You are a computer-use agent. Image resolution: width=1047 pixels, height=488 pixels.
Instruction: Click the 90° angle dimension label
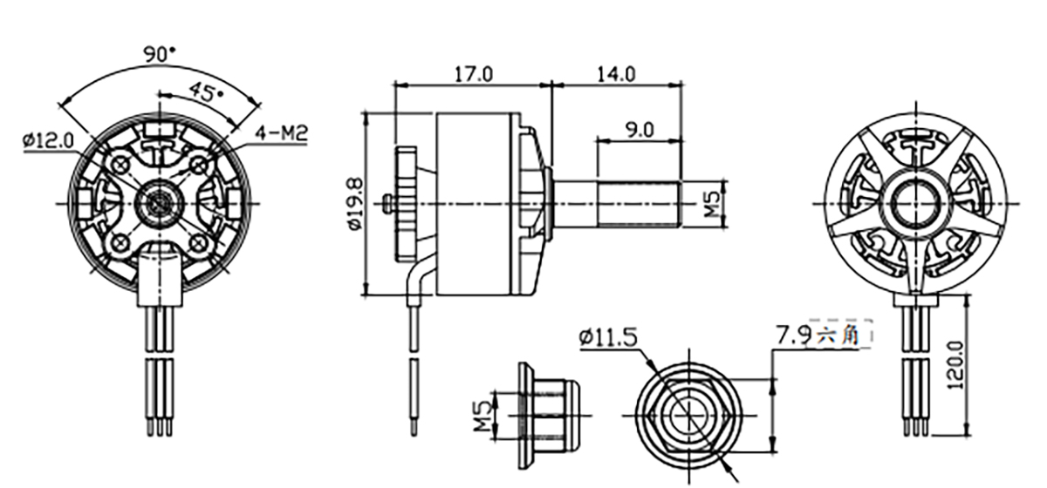click(x=160, y=54)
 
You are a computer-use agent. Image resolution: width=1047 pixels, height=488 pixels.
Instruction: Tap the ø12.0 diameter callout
click(x=49, y=140)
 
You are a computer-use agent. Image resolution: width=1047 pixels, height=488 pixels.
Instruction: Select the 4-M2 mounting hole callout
click(x=281, y=133)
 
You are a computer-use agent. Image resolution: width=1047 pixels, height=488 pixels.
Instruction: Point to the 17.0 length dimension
click(x=474, y=74)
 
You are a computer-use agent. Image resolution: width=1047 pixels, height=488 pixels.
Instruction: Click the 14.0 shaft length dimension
click(x=617, y=74)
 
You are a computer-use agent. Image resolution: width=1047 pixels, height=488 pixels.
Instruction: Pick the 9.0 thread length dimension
click(x=640, y=131)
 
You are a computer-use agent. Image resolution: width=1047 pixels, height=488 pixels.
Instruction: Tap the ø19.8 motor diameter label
click(x=356, y=204)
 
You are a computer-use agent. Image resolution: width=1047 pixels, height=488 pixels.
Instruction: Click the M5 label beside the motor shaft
click(x=711, y=204)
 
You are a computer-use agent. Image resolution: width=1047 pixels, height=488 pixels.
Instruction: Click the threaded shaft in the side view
click(x=639, y=204)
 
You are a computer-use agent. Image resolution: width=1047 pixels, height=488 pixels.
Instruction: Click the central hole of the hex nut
click(x=689, y=415)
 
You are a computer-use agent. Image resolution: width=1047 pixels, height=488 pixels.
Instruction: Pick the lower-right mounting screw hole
click(x=199, y=242)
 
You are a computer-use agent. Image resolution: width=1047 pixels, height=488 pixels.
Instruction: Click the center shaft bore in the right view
click(x=911, y=204)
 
